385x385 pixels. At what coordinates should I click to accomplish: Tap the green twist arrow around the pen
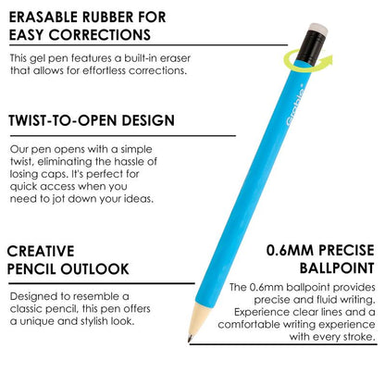(x=297, y=59)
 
